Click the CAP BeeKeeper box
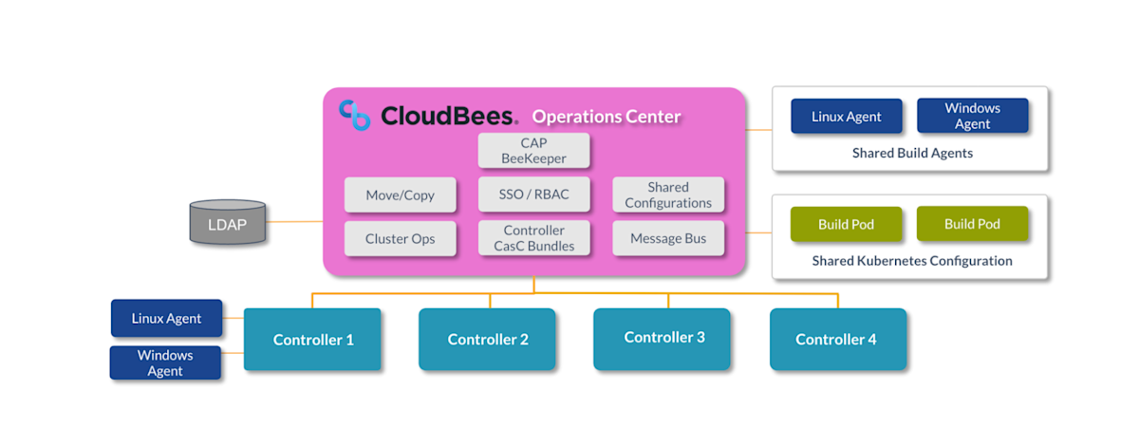pos(533,151)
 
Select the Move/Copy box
pos(400,195)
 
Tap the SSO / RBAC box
pos(533,195)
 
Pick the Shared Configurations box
pos(668,195)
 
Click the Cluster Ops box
pos(400,239)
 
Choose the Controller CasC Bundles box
pos(533,238)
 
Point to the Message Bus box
pos(668,239)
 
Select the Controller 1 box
pos(313,339)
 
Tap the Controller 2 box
pos(488,339)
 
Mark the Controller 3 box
pos(663,338)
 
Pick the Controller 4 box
pos(837,339)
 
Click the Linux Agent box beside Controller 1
pos(166,319)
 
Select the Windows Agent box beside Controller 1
pos(165,362)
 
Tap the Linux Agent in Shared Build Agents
pos(846,117)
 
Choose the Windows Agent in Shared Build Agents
pos(972,117)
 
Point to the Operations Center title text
pos(607,118)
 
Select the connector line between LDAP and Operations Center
pos(294,222)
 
